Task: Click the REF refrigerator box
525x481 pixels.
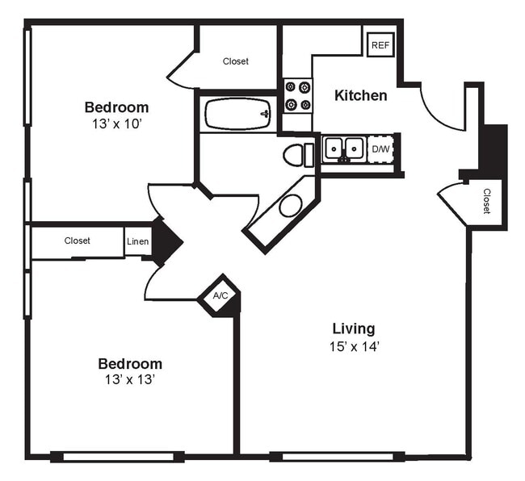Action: click(x=379, y=45)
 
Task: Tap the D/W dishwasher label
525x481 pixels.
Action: click(x=380, y=149)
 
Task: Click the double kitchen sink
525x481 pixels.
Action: click(x=344, y=148)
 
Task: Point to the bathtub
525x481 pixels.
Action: click(x=237, y=114)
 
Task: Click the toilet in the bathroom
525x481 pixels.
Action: click(x=297, y=154)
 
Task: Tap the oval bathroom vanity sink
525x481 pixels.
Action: click(x=290, y=205)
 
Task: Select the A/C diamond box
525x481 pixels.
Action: click(x=220, y=295)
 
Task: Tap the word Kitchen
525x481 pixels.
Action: click(x=360, y=95)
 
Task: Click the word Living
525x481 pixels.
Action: click(x=354, y=328)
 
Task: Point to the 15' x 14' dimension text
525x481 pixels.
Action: click(x=354, y=346)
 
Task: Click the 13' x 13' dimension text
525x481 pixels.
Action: click(x=129, y=379)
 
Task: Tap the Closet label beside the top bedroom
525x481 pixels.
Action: click(x=236, y=61)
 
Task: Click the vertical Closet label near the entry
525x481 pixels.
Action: click(x=487, y=201)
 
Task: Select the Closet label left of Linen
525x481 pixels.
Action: click(x=77, y=240)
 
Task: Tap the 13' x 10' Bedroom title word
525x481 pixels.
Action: click(x=116, y=107)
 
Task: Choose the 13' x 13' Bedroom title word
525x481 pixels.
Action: click(x=129, y=363)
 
